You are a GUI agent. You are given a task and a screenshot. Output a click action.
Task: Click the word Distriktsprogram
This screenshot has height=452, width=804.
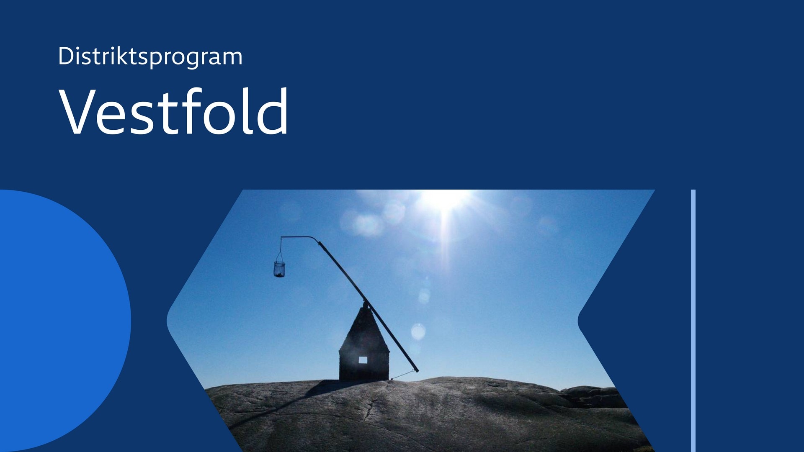tap(150, 56)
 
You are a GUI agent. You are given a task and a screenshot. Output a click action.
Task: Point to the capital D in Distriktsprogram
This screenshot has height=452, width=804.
tap(66, 56)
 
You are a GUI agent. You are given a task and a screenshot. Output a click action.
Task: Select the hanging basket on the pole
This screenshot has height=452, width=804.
tap(279, 269)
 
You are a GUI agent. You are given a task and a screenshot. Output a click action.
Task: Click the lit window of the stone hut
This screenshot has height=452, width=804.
tap(363, 360)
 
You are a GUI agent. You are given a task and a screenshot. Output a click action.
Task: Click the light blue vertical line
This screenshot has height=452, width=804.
tap(693, 321)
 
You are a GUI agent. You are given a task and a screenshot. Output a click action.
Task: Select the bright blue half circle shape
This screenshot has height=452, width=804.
tap(63, 321)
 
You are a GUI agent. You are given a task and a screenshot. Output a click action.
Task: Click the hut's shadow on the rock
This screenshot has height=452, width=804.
tap(331, 388)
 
